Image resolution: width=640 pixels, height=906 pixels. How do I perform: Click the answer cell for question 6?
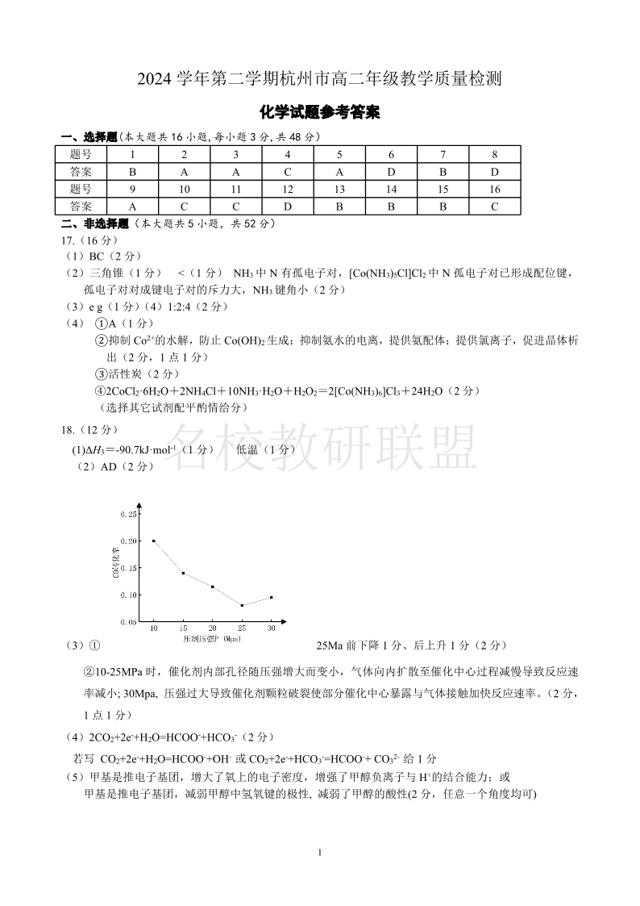391,172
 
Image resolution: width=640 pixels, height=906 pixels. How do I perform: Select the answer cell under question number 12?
288,207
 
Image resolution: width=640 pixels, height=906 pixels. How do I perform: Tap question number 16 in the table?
494,190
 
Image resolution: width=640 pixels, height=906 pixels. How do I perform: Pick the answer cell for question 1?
132,172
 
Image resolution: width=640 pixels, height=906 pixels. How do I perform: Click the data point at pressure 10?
154,541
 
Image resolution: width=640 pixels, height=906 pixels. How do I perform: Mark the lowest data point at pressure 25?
242,605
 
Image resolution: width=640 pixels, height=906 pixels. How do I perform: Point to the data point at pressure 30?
271,597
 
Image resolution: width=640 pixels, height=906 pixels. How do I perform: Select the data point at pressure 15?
183,573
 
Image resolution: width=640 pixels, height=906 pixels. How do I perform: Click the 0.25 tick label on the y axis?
128,514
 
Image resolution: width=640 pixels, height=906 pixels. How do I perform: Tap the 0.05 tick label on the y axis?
128,622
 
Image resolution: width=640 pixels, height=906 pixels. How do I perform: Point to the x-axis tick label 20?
213,628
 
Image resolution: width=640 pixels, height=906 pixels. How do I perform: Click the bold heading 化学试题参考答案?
320,114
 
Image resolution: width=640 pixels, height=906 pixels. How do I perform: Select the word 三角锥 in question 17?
106,273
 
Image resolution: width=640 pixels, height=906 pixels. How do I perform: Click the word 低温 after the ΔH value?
248,449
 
